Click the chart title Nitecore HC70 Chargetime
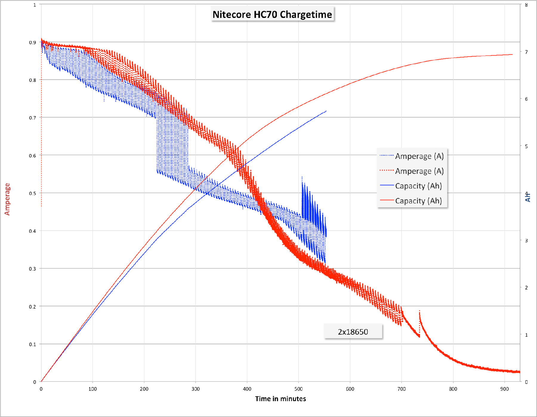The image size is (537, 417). [272, 14]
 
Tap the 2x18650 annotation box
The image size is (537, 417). [353, 332]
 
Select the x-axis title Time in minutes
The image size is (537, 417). [280, 399]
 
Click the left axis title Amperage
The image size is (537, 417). [7, 199]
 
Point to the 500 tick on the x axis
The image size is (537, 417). [298, 389]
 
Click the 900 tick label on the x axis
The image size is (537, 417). [504, 389]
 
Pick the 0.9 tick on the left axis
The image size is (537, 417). [33, 42]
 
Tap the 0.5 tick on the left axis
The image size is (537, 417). [33, 193]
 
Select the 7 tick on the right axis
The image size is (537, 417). [526, 52]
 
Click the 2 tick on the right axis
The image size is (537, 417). [526, 288]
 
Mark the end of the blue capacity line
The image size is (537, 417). [326, 111]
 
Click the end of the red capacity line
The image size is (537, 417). [512, 54]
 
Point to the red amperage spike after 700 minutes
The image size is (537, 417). [419, 312]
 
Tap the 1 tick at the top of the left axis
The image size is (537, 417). [35, 5]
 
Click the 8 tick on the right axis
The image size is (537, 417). [526, 5]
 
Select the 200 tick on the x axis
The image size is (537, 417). [144, 389]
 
